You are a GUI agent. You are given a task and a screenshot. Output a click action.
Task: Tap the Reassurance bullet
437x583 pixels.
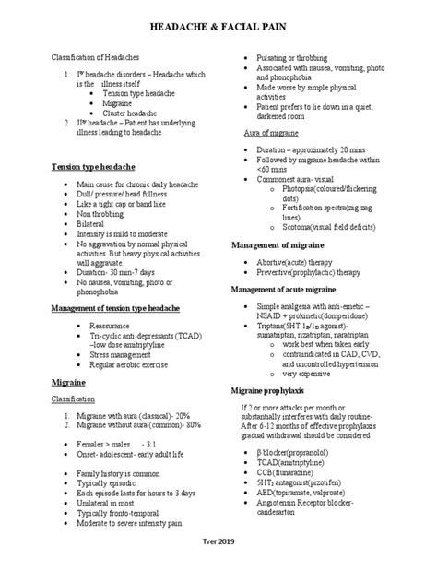(x=113, y=327)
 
